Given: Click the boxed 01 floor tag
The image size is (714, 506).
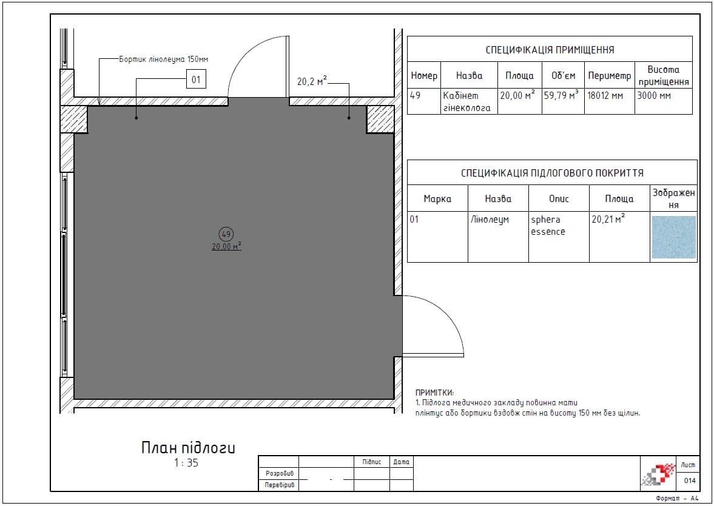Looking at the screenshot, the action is pos(197,79).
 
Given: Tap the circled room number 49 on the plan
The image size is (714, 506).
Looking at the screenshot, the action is pos(226,234).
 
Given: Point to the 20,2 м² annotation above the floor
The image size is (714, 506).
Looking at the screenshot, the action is pos(312,81).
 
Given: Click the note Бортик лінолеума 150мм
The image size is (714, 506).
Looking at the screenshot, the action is pos(163,59).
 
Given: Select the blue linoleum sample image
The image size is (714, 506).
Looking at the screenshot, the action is pos(673,237).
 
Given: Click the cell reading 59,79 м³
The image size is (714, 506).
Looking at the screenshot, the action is pos(561,96).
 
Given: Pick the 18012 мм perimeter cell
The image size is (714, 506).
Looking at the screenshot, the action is pos(605,96).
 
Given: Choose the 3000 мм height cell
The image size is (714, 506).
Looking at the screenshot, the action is pos(654,96).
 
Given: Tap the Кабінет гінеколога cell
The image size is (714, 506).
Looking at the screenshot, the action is pos(466,101).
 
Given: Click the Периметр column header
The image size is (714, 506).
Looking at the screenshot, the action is pos(609,76).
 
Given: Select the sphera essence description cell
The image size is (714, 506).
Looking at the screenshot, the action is pos(548,226).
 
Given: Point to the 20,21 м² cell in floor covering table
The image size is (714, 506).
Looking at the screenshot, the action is pos(608,219).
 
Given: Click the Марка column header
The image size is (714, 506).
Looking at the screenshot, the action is pos(437,198).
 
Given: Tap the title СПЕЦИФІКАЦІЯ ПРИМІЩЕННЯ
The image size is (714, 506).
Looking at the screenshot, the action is pos(550,50).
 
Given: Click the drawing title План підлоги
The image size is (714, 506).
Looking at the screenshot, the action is pos(188,448).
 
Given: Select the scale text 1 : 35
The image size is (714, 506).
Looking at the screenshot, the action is pos(186,463).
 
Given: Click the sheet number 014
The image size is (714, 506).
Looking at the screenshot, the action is pos(689,481).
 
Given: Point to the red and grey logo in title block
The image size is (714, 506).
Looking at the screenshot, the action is pos(658,474).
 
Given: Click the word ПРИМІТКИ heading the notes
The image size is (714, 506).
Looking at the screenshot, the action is pos(434,393).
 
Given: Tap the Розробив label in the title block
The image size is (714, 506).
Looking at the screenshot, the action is pos(280,474).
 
